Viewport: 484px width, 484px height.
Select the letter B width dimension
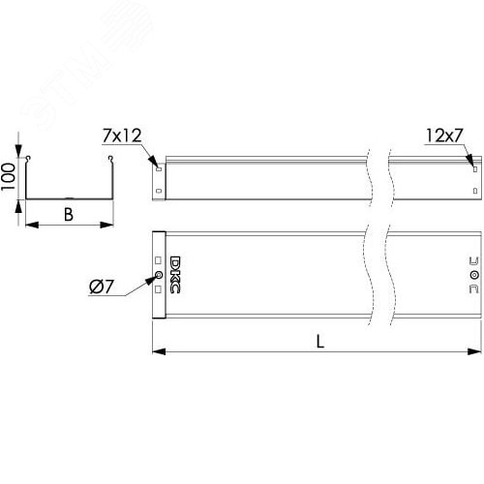pyautogui.click(x=68, y=214)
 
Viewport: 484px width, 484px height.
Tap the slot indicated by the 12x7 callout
pyautogui.click(x=473, y=167)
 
